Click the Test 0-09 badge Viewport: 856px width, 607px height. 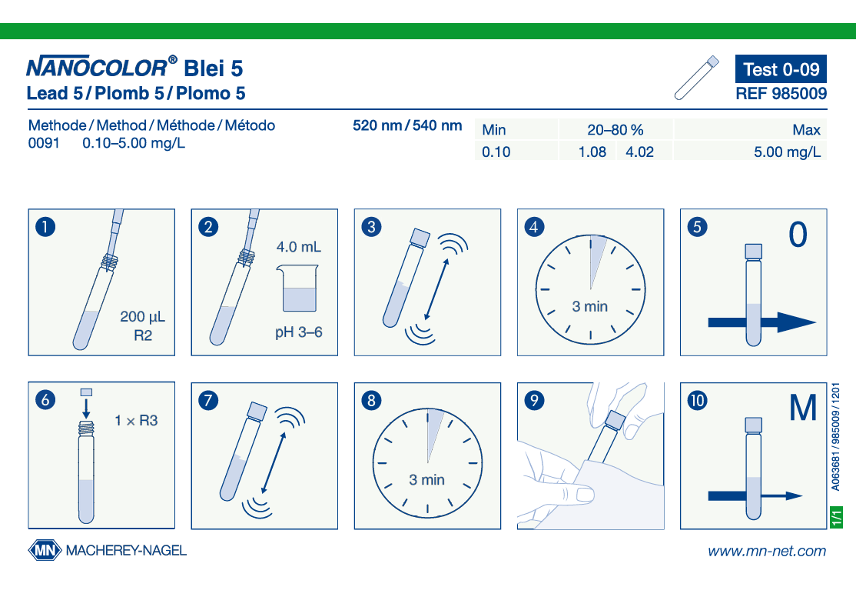[781, 68]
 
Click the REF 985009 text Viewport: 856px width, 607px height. [781, 93]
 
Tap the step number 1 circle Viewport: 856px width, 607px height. [45, 227]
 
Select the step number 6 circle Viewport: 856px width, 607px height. [45, 400]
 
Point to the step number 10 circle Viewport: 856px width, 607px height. [697, 400]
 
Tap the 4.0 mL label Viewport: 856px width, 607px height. [299, 247]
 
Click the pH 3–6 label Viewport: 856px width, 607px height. [299, 332]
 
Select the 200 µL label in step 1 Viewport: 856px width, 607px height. [142, 317]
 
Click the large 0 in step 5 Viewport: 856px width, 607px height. [798, 235]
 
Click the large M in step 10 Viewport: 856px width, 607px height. [802, 408]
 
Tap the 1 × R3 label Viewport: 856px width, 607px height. [136, 421]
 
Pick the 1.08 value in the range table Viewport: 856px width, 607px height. [592, 152]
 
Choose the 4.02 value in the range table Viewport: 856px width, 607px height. [639, 152]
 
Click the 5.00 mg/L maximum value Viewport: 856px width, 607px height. [787, 152]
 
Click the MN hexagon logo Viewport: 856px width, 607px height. [45, 550]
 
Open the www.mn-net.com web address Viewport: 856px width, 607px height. [767, 551]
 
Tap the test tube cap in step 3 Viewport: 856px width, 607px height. [420, 238]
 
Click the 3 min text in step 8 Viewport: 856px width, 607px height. [427, 480]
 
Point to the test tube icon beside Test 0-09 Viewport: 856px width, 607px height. [697, 78]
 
